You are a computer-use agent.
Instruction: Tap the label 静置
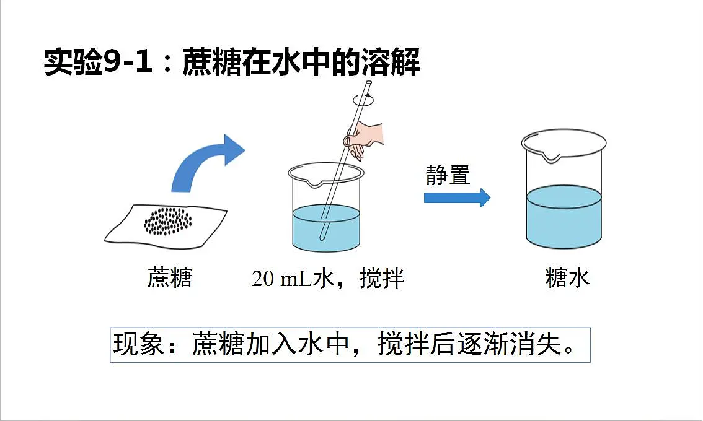coord(448,175)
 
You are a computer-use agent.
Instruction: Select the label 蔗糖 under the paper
coord(170,278)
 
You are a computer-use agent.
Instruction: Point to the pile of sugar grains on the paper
coord(168,221)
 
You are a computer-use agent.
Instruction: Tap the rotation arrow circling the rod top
coord(363,100)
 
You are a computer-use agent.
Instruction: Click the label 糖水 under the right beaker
coord(568,278)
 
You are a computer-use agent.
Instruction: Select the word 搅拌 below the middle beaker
coord(382,278)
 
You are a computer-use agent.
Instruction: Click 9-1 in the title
coord(127,61)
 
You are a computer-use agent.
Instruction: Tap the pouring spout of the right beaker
coord(551,157)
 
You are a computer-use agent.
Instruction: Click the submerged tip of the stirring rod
coord(322,238)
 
